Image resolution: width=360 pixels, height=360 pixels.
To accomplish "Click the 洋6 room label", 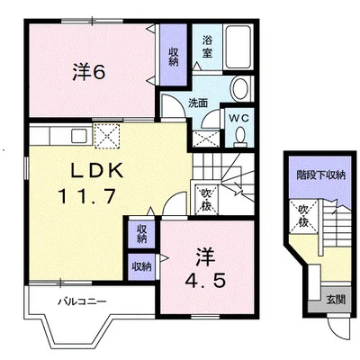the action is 89,72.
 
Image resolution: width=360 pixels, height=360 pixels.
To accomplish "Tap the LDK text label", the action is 96,171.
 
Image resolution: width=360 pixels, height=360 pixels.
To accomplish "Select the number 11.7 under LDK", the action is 87,196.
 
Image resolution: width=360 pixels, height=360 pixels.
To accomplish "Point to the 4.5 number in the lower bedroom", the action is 205,281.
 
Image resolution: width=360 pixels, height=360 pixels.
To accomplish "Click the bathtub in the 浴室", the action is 238,47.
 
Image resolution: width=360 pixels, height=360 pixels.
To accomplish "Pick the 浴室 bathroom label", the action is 207,46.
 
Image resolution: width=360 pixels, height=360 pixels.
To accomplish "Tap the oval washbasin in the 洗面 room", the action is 240,89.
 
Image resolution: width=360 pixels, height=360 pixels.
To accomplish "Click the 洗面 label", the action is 198,103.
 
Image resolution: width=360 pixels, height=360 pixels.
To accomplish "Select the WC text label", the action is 238,119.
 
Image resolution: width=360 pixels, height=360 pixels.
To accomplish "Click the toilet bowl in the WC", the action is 240,137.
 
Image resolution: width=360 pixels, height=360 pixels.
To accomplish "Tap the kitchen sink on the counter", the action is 79,136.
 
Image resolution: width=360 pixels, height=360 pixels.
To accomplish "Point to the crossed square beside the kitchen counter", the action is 107,136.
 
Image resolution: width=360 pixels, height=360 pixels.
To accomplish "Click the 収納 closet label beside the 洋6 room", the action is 174,57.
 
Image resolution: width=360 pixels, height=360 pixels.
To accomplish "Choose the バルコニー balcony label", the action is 82,301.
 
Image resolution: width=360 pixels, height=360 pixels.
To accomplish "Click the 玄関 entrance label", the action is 336,299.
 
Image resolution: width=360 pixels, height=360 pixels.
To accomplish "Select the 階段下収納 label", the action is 320,175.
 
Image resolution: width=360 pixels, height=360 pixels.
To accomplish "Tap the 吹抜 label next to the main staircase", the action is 206,200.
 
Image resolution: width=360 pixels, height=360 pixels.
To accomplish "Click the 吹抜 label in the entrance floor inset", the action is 303,216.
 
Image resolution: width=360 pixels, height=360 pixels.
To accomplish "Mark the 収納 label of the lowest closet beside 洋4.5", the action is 141,266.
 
